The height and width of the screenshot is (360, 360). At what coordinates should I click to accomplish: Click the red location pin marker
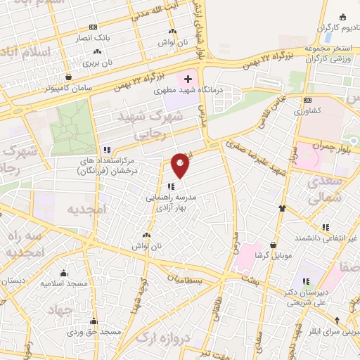pyautogui.click(x=181, y=165)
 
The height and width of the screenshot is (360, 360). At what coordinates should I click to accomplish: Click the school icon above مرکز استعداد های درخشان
pyautogui.click(x=106, y=150)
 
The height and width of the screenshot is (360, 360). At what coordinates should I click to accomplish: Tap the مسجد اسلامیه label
pyautogui.click(x=64, y=283)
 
